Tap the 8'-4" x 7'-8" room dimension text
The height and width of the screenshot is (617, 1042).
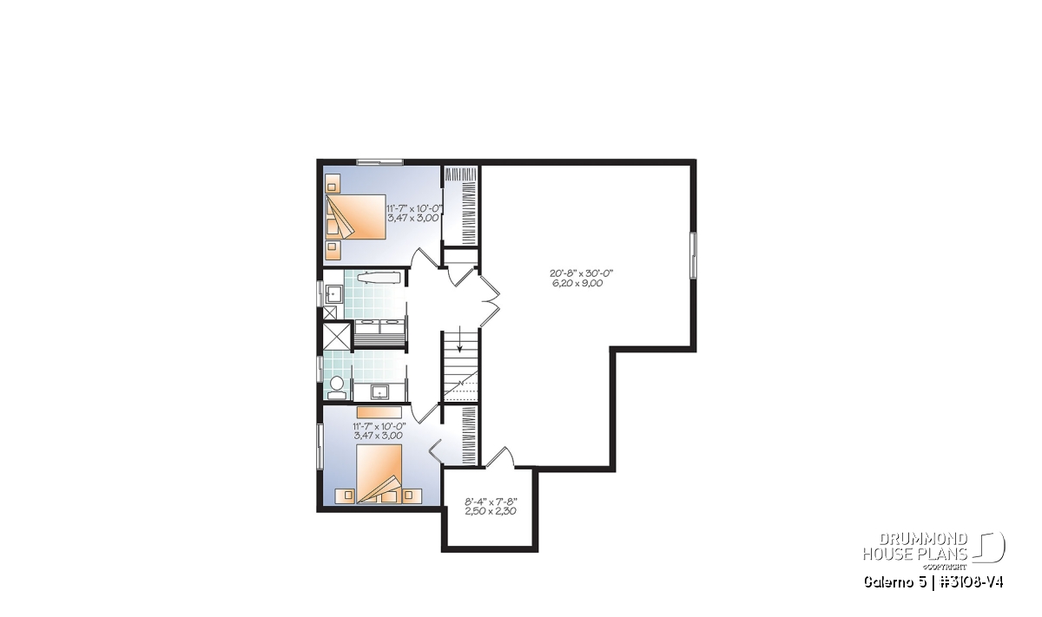[x=491, y=502]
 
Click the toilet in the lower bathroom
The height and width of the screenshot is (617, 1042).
[x=337, y=389]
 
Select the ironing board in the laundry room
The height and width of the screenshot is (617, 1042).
[x=379, y=278]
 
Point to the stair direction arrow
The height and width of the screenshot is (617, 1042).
[x=459, y=338]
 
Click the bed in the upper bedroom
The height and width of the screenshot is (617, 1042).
[x=356, y=217]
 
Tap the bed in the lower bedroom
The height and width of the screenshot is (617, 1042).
[x=379, y=474]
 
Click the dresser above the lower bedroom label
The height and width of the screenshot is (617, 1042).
[x=379, y=412]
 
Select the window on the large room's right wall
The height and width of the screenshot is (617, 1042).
[x=693, y=255]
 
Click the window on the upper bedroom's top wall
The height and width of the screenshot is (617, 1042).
[x=379, y=162]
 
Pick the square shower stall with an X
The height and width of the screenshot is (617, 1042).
[x=337, y=336]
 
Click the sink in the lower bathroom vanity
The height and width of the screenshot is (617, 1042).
[x=380, y=392]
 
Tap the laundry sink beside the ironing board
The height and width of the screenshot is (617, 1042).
[x=333, y=294]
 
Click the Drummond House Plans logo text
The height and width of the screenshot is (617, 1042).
[x=915, y=547]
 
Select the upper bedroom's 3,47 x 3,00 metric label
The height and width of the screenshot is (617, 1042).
[x=413, y=218]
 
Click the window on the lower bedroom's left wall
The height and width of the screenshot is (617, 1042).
[x=320, y=446]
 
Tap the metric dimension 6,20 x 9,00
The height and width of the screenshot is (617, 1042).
[x=577, y=283]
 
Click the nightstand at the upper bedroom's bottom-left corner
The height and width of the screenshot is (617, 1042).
[x=333, y=250]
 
